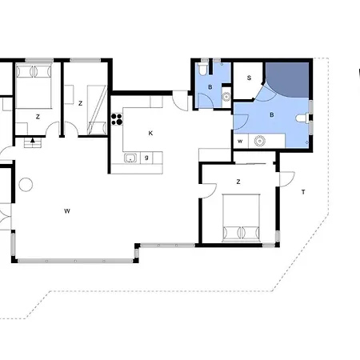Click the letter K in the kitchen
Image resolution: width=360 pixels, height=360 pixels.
[x=150, y=134]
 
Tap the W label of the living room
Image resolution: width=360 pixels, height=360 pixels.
[x=67, y=211]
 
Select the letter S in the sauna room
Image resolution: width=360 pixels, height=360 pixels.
[x=249, y=78]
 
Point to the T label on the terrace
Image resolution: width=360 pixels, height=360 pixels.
[x=303, y=192]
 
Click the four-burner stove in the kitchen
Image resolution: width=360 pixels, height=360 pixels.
[x=117, y=119]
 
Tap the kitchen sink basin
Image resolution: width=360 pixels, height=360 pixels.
[x=130, y=158]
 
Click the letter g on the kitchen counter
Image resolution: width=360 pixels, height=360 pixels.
[x=146, y=158]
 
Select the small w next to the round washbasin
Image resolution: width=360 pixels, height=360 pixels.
[x=240, y=141]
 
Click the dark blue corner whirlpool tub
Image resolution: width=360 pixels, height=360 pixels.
[x=289, y=78]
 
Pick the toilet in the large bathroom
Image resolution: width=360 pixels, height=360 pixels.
[x=302, y=118]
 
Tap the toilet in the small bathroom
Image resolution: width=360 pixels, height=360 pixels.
[x=203, y=69]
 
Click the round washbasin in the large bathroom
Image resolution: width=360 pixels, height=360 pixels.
[x=259, y=141]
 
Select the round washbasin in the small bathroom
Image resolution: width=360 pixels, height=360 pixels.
[x=226, y=97]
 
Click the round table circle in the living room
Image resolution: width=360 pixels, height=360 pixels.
[x=26, y=185]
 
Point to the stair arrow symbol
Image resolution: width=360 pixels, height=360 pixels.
[x=33, y=140]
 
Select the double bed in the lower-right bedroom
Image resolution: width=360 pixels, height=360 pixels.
[x=241, y=218]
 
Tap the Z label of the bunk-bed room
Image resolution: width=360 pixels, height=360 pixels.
[x=80, y=103]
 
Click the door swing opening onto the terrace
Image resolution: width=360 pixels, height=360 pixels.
[x=287, y=179]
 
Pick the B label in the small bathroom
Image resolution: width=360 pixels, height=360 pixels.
[x=210, y=87]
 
